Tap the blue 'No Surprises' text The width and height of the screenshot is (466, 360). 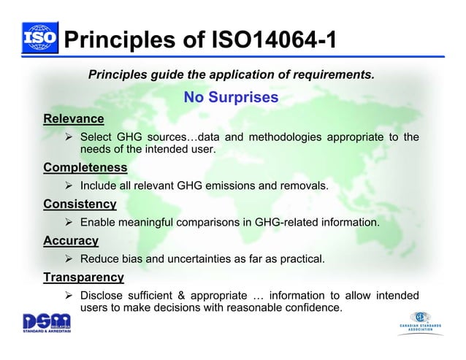(231, 97)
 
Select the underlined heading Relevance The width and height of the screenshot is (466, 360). (73, 118)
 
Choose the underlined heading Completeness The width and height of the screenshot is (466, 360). (85, 168)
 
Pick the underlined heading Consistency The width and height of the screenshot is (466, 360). (80, 204)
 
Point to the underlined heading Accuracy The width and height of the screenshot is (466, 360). (71, 240)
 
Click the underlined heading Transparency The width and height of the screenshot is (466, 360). (83, 277)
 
